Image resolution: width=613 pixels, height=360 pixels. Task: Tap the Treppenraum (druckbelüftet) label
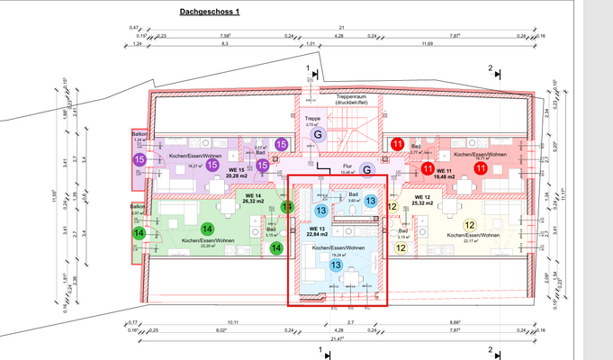pos(353,100)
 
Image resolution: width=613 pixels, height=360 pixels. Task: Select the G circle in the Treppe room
pos(317,134)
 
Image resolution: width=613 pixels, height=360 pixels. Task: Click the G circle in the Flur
pos(366,168)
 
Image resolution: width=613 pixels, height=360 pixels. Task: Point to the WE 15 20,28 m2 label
pos(238,174)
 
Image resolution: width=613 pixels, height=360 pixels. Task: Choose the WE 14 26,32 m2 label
pos(253,198)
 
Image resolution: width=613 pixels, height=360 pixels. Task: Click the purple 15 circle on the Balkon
pos(140,159)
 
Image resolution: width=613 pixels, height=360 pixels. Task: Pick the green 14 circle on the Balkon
pos(140,233)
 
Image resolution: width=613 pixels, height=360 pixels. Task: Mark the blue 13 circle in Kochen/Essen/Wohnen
pos(336,265)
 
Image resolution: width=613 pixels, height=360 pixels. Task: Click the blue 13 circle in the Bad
pos(371,202)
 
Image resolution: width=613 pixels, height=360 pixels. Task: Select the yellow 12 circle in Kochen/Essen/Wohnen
pos(469,226)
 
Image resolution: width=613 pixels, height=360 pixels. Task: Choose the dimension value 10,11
pos(209,321)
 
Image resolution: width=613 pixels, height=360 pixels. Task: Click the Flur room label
pos(347,166)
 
